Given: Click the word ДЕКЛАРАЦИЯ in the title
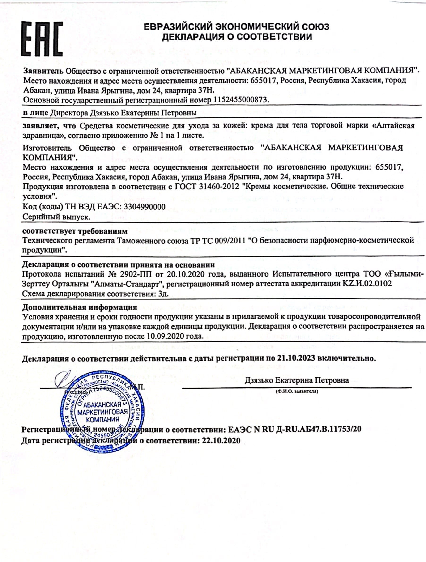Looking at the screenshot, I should coord(192,37).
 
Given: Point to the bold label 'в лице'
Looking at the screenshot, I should coord(35,113).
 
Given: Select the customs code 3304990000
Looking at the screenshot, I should coord(144,207).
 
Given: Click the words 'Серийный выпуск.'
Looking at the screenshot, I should coord(56,217).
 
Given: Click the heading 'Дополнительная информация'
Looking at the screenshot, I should coord(80,307).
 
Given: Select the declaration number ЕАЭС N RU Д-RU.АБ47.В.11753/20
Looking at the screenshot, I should coord(294,429).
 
